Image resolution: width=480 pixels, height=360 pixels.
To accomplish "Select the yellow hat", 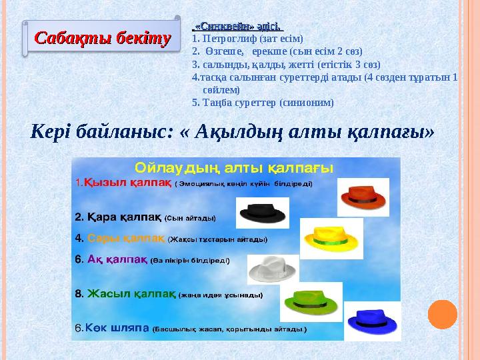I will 331,237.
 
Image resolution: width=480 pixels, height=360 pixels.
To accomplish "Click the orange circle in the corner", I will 442,314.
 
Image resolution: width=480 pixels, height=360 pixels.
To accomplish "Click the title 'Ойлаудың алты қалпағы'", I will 234,167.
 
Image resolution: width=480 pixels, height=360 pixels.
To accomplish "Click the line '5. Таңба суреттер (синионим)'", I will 262,103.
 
